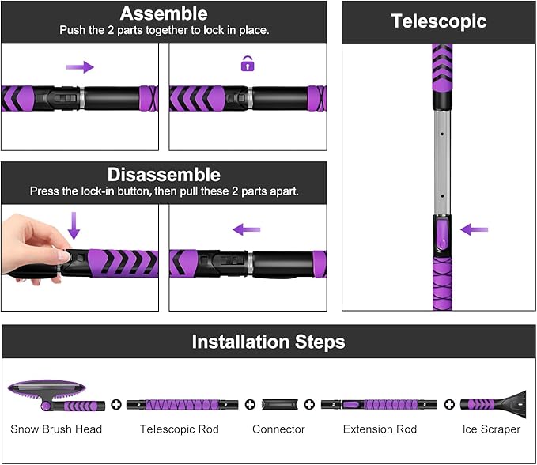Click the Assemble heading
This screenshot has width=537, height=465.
click(x=163, y=13)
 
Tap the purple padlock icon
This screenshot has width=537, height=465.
click(x=248, y=64)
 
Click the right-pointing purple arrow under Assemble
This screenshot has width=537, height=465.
click(x=79, y=67)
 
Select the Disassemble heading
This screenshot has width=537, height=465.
click(x=163, y=174)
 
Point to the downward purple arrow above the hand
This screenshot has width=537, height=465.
click(x=74, y=225)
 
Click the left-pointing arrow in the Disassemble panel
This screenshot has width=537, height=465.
click(x=247, y=229)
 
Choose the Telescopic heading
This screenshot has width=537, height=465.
click(x=438, y=21)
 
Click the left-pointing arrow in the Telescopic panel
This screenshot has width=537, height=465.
click(x=475, y=229)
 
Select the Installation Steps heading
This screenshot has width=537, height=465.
click(x=268, y=342)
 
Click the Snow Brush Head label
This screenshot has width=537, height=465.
click(x=56, y=429)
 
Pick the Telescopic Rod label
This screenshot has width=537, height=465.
click(x=179, y=429)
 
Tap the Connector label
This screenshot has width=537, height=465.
click(x=278, y=429)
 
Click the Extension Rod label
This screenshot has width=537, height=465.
click(x=380, y=429)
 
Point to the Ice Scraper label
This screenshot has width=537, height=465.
click(x=491, y=429)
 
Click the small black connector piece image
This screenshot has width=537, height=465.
click(x=279, y=404)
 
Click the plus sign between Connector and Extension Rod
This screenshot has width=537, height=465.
click(x=309, y=404)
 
